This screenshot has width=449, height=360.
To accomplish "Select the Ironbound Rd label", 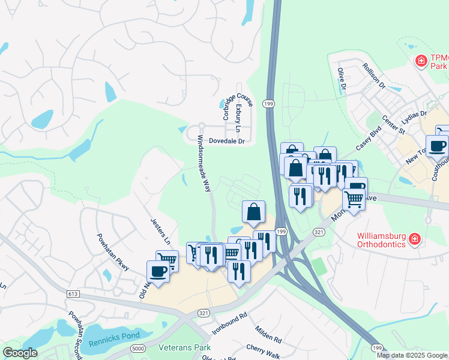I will (x=229, y=323).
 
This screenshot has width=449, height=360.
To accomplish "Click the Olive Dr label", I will (x=342, y=79).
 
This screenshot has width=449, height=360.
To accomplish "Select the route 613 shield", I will (x=73, y=293).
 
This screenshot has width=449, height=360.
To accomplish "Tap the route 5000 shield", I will (x=138, y=348).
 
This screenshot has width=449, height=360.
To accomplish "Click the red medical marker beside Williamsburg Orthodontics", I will (x=414, y=240).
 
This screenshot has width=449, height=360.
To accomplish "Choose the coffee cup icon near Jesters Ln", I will (x=158, y=271).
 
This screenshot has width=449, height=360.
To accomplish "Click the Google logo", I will (x=20, y=353).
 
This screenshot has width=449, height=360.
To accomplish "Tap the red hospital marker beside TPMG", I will (x=421, y=61).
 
